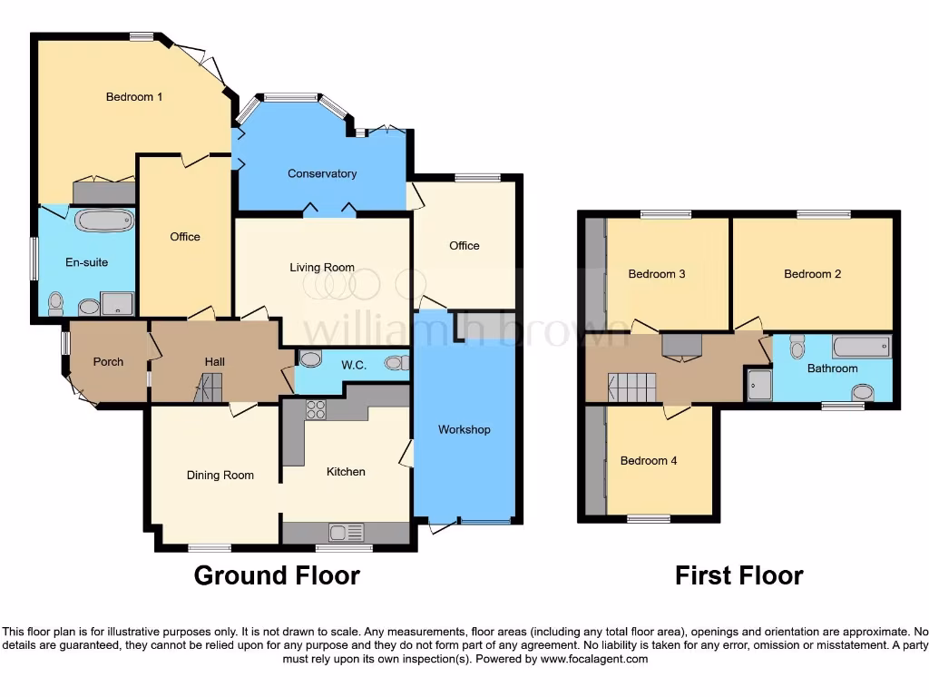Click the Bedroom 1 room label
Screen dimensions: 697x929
(x=134, y=97)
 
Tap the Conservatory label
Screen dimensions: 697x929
(x=322, y=173)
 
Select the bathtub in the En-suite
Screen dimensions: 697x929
(x=102, y=221)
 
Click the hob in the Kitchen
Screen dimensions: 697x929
(x=316, y=409)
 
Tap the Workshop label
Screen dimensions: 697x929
(x=464, y=429)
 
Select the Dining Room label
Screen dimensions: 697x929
(x=220, y=476)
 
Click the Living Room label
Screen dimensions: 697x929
(x=322, y=268)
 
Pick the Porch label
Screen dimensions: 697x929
(x=109, y=362)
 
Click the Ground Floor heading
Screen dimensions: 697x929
(x=277, y=575)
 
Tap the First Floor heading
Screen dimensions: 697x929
(x=738, y=575)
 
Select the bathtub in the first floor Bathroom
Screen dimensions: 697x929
(x=861, y=347)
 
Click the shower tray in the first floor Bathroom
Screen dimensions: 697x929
(x=758, y=385)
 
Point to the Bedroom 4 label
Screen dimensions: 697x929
(x=649, y=461)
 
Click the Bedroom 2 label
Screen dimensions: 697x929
(x=813, y=274)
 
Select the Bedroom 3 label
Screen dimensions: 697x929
(x=657, y=274)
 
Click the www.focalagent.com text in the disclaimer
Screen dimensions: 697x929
(x=593, y=660)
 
